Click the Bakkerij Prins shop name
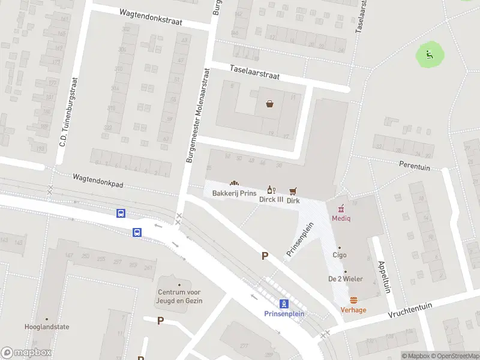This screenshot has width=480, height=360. pos(234,193)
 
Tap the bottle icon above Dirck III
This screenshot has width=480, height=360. pos(271,190)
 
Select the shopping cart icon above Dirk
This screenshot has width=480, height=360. pos(293,191)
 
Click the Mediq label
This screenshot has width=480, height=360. pos(341,218)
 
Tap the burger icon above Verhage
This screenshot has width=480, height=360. pos(353,300)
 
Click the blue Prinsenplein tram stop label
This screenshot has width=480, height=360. pos(284,314)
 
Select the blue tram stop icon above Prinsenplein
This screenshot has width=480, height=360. pos(284,304)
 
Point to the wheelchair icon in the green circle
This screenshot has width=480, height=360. pos(430,55)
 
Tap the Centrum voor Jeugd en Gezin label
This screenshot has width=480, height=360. pos(179,296)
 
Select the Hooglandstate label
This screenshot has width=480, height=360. pos(47,327)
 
